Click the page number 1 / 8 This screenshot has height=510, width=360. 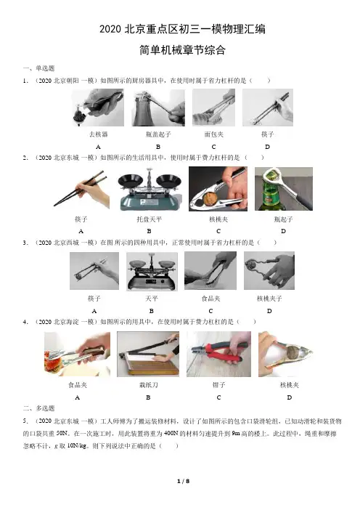click(x=183, y=481)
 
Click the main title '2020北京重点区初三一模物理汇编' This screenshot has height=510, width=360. click(x=182, y=29)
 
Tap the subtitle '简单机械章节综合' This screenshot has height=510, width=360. click(x=182, y=50)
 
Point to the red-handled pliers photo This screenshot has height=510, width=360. click(x=218, y=354)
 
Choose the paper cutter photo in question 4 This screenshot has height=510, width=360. click(x=148, y=354)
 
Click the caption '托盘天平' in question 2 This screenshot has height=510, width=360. click(x=149, y=219)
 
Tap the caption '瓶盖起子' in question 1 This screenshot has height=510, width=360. click(x=158, y=134)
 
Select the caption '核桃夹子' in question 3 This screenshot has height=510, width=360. click(x=269, y=299)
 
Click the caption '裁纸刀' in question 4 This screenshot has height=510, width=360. click(x=149, y=385)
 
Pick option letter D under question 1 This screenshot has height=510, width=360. click(x=267, y=147)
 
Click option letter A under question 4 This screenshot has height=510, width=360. click(x=78, y=397)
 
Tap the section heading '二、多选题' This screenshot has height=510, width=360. click(x=38, y=408)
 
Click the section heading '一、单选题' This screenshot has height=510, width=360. click(x=38, y=68)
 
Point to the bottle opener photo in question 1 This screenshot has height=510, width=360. click(x=158, y=108)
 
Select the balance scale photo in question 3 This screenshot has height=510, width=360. click(x=152, y=271)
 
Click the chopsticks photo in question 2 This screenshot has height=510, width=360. click(x=81, y=189)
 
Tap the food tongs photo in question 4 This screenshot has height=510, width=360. click(x=78, y=354)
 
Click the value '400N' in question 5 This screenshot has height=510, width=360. click(x=171, y=433)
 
